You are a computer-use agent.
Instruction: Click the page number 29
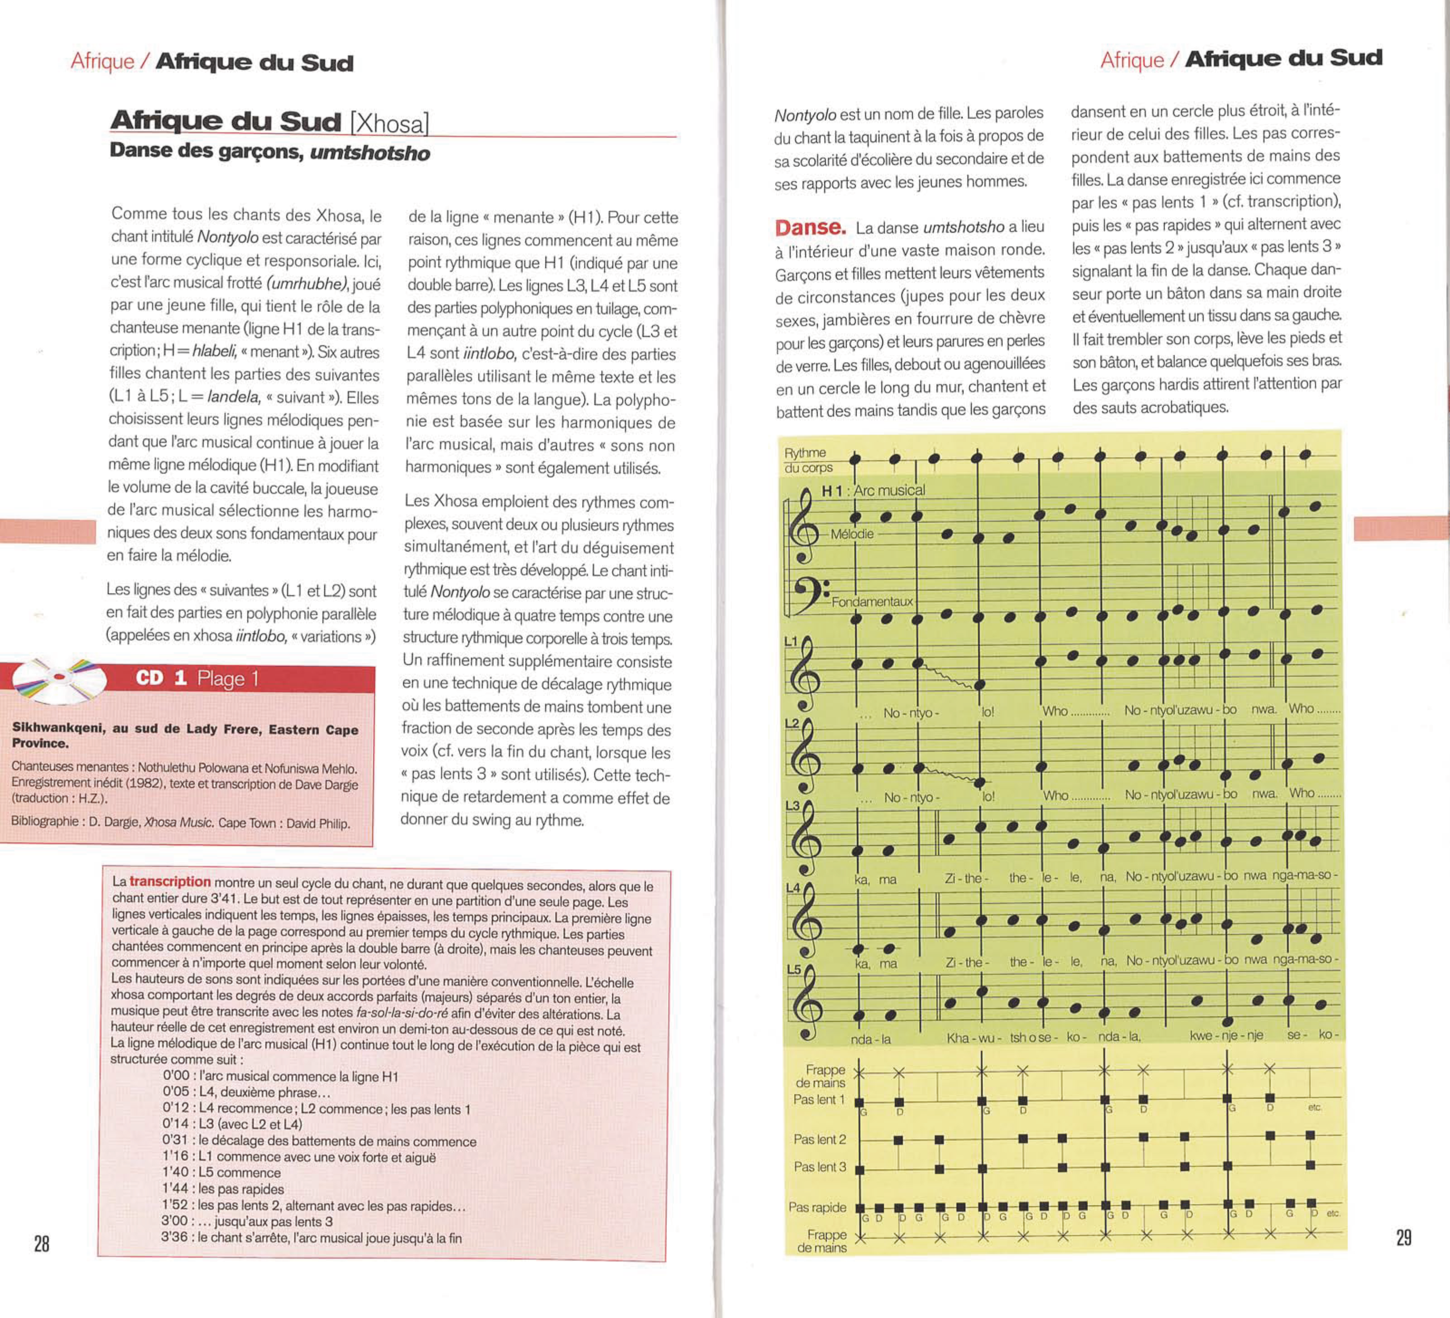tap(1403, 1237)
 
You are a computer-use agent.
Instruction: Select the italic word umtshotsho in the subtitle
tap(370, 153)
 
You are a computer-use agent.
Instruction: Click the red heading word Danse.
tap(810, 227)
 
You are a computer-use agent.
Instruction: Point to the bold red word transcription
tap(170, 881)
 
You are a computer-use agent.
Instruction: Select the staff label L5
tap(793, 969)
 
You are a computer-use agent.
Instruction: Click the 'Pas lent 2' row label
tap(819, 1140)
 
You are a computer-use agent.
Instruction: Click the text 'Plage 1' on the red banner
tap(227, 679)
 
